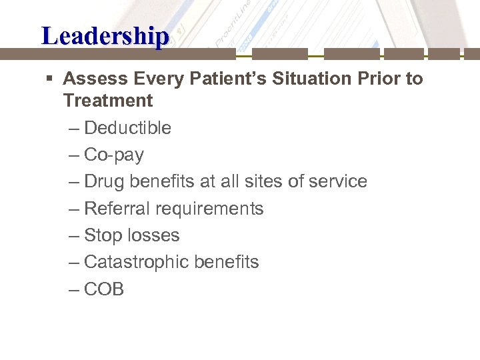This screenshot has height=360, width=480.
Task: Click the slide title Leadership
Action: (x=105, y=35)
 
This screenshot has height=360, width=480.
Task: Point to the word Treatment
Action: (x=108, y=101)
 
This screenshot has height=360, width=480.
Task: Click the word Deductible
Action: (x=127, y=128)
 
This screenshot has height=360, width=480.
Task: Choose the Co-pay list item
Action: (x=114, y=155)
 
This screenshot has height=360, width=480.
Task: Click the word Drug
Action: (x=105, y=181)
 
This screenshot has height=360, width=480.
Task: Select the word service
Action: (x=338, y=181)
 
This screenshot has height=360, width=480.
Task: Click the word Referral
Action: (x=117, y=209)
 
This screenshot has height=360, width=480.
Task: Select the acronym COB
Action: (x=104, y=289)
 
